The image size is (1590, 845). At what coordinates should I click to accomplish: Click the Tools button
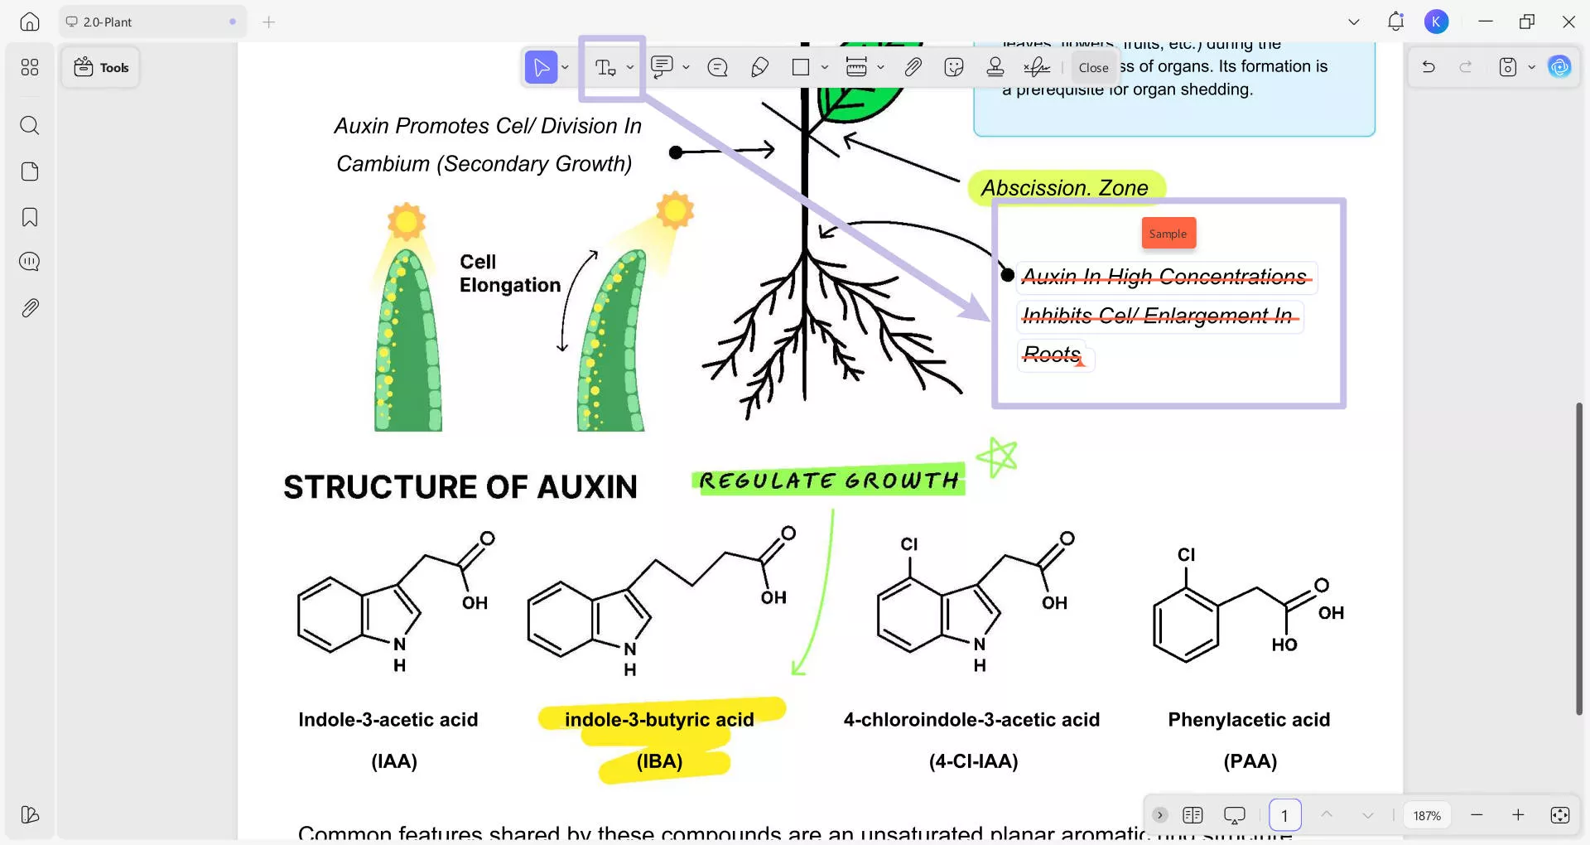101,68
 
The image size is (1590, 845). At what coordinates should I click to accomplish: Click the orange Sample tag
1168,234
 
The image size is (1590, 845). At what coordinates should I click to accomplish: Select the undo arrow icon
1429,67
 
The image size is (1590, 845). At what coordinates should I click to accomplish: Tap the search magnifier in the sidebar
30,125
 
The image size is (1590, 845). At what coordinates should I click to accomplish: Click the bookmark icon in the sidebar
30,217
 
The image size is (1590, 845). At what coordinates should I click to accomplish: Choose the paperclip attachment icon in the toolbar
913,67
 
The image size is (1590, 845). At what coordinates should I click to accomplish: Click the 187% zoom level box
1427,815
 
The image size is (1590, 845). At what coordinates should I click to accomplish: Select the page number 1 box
1284,815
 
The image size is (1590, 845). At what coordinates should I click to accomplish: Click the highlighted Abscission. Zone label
1065,188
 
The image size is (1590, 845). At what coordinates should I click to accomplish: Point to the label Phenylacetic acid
1249,719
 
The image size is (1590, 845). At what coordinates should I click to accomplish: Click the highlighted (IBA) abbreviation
660,761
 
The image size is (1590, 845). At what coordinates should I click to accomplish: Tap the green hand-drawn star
997,456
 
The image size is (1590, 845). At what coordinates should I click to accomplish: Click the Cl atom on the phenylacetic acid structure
1186,555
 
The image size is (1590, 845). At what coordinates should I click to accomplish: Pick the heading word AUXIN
587,487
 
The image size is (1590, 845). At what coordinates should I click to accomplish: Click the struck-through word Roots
1052,355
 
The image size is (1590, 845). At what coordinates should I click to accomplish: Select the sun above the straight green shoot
406,222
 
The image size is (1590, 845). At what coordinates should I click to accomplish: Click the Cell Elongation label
509,273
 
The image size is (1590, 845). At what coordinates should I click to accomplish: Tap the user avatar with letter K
1437,22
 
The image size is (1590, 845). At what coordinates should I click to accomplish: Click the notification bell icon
1395,22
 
